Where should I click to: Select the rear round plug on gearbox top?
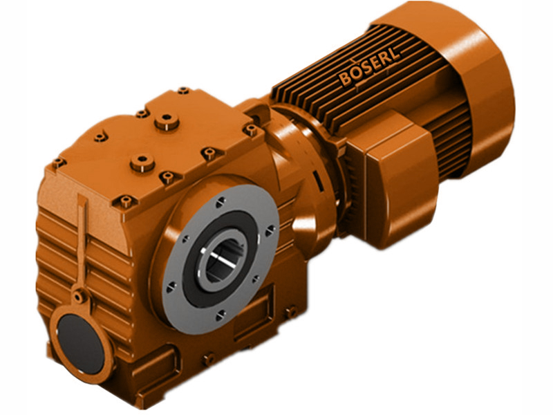pos(167,122)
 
